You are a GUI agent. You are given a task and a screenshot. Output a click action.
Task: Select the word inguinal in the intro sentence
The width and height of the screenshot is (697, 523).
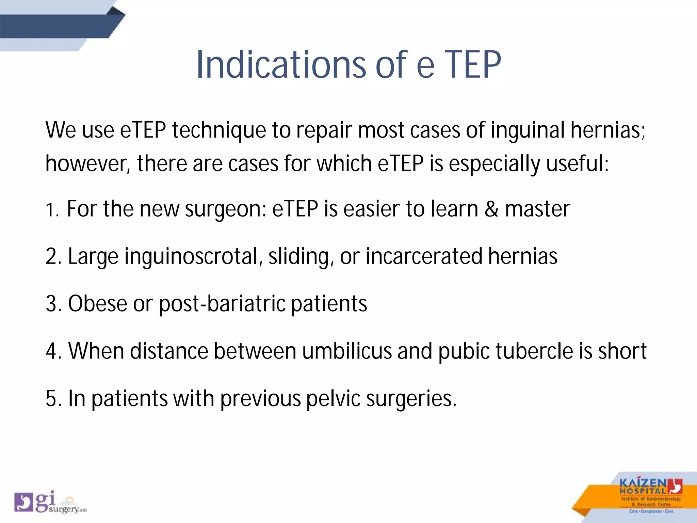[x=527, y=130]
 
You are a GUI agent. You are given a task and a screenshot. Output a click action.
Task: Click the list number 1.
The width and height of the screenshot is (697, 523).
[x=51, y=210]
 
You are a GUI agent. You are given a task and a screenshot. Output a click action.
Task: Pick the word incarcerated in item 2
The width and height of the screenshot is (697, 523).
[x=424, y=256]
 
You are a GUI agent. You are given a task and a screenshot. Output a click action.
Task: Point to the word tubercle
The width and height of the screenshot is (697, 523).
[x=533, y=351]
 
